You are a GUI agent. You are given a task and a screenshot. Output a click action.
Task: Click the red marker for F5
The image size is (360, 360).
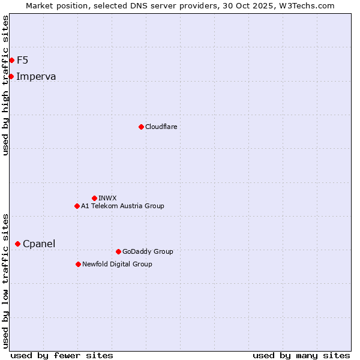11,60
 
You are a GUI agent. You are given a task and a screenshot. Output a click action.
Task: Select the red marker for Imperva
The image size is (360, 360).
11,76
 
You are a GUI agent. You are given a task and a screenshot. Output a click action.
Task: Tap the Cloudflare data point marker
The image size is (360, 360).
141,127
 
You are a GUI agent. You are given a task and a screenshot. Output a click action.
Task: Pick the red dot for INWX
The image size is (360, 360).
94,198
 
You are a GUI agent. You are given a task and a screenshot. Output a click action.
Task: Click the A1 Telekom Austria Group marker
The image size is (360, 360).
77,206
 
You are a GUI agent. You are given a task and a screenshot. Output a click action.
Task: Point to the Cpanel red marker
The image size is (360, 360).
17,244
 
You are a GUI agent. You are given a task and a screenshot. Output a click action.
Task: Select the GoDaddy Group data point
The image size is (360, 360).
118,251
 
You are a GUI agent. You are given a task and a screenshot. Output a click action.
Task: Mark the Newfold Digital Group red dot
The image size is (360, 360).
78,264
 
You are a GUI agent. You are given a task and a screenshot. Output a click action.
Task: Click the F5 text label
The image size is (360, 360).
22,60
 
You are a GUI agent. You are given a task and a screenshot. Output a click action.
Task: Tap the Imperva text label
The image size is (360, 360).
36,76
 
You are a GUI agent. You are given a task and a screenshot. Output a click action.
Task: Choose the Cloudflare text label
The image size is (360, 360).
161,127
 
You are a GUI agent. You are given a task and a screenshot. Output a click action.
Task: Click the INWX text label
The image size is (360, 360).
107,198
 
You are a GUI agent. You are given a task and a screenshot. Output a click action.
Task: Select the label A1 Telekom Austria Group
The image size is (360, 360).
122,206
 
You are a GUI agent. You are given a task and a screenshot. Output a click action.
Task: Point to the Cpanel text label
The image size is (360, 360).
39,244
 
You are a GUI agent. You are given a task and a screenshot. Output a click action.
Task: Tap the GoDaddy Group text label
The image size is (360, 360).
148,251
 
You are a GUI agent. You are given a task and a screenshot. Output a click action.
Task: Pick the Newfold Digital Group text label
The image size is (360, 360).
117,264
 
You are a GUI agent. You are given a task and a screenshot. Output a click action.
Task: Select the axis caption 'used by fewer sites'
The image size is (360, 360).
62,355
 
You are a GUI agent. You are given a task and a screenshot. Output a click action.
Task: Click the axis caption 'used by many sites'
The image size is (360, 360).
301,355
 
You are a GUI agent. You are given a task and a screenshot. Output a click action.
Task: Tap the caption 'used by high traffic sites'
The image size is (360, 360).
6,85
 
